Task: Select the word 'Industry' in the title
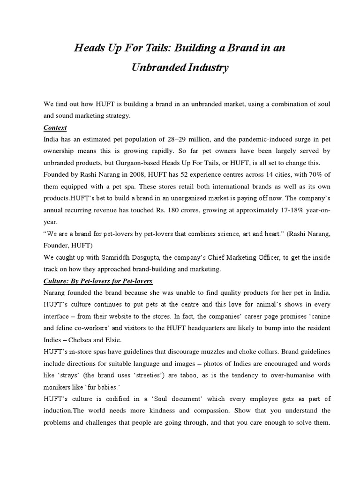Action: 207,67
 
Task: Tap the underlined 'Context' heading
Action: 55,127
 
